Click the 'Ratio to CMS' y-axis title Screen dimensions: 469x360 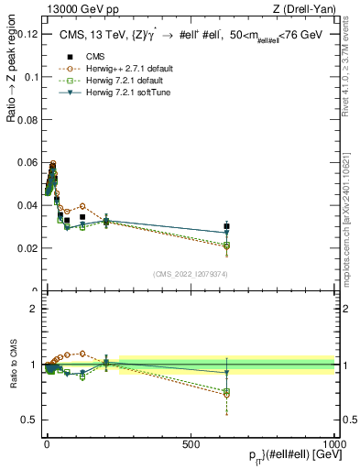pos(12,364)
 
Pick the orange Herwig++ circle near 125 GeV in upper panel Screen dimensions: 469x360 pos(82,206)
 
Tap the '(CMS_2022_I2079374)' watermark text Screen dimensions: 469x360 pos(190,273)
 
